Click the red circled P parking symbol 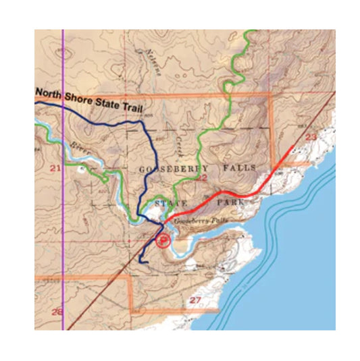pos(163,240)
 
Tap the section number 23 pos(311,138)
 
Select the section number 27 pos(196,300)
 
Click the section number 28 pos(57,312)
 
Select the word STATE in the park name pos(168,203)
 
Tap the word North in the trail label pos(49,94)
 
